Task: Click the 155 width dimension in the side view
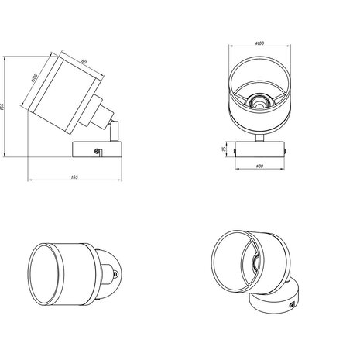pyautogui.click(x=74, y=178)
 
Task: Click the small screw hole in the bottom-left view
pyautogui.click(x=115, y=272)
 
